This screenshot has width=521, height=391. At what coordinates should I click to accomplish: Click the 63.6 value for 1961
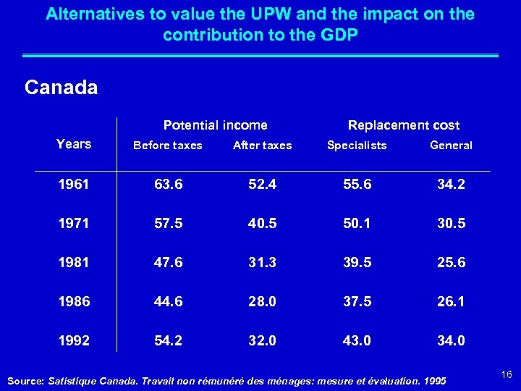tap(168, 185)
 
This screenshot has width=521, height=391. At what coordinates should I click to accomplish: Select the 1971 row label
tap(74, 224)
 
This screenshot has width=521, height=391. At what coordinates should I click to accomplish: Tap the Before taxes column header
tap(168, 146)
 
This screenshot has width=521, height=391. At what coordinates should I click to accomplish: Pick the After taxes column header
tap(262, 146)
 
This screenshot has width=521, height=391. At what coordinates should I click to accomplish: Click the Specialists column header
tap(357, 146)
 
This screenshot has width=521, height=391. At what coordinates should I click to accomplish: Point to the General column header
tap(451, 146)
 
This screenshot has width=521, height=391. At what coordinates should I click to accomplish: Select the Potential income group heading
tap(215, 125)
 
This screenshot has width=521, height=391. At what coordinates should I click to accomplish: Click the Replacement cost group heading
tap(404, 125)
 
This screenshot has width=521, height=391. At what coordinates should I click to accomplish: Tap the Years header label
tap(74, 143)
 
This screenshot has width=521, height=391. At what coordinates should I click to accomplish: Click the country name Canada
tap(61, 88)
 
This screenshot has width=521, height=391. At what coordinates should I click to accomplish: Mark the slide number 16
tap(506, 374)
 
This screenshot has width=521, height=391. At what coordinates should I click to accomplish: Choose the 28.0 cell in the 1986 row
tap(262, 302)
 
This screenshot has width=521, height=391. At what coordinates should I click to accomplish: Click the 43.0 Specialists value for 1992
tap(357, 341)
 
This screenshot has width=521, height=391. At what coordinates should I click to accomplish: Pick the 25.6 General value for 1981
tap(451, 263)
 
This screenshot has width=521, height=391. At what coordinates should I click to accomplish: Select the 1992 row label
tap(74, 341)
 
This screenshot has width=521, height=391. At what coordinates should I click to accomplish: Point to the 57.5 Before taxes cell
tap(168, 224)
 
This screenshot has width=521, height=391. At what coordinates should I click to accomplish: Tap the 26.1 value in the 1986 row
tap(451, 302)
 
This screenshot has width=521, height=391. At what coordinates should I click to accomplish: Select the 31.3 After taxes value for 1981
tap(262, 263)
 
